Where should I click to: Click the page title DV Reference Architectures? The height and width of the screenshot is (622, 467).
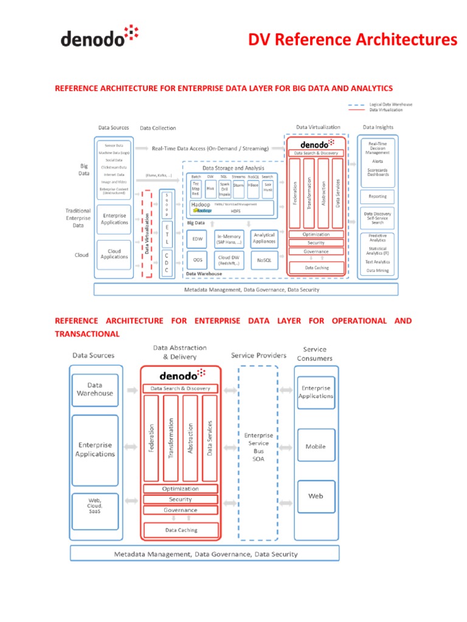[353, 40]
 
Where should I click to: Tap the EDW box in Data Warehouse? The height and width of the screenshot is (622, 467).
[198, 239]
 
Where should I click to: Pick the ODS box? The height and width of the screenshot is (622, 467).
[198, 259]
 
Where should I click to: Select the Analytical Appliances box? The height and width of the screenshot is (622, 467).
[264, 238]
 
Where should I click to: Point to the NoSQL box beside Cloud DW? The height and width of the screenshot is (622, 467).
[264, 259]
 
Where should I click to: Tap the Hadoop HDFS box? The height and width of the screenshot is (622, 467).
[231, 208]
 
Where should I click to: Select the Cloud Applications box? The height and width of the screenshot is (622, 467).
[114, 254]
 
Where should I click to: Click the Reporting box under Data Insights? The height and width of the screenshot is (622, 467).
[377, 196]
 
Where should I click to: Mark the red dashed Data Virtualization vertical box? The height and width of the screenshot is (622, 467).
[146, 233]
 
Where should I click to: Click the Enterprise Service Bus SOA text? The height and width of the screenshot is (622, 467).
[258, 447]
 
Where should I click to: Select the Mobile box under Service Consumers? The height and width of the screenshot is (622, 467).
[316, 446]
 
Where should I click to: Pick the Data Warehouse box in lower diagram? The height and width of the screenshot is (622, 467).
[95, 389]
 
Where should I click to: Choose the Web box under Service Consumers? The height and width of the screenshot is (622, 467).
[316, 496]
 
